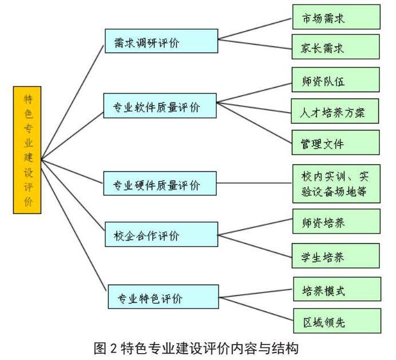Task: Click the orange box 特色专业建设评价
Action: coord(27,150)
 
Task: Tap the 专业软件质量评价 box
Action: coord(161,106)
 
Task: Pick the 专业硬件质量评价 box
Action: coord(161,185)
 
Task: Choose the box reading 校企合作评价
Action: coord(161,235)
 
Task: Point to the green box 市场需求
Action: coord(336,17)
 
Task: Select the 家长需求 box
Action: coord(336,47)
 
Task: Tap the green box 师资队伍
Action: coord(336,80)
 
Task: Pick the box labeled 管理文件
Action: coord(336,143)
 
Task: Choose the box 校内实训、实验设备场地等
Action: coord(336,184)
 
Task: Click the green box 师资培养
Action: coord(336,221)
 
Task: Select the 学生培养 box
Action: coord(336,255)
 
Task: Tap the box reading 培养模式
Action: coord(336,289)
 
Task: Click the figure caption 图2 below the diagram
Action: coord(197,347)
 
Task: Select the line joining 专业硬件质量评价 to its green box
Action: coord(255,184)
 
